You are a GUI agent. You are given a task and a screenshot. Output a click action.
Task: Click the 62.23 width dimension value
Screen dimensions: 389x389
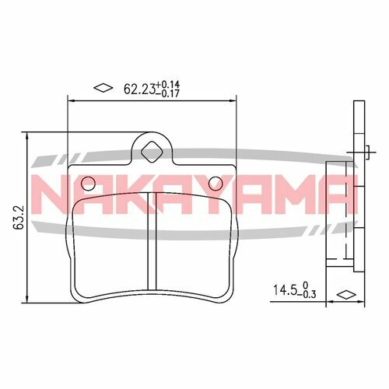click(x=139, y=88)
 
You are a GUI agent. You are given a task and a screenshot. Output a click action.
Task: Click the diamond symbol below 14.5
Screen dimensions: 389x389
click(x=343, y=296)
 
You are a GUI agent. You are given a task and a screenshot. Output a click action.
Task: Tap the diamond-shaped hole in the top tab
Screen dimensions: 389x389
click(x=152, y=149)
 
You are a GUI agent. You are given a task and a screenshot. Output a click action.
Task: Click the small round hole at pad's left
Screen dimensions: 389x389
click(x=88, y=184)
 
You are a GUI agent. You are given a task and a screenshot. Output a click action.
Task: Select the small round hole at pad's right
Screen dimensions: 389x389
click(x=217, y=184)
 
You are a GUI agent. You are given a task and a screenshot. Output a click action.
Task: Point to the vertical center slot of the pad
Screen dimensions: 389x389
click(x=152, y=249)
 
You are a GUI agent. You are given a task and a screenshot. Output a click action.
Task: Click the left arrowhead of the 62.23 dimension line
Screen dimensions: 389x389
click(x=72, y=100)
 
